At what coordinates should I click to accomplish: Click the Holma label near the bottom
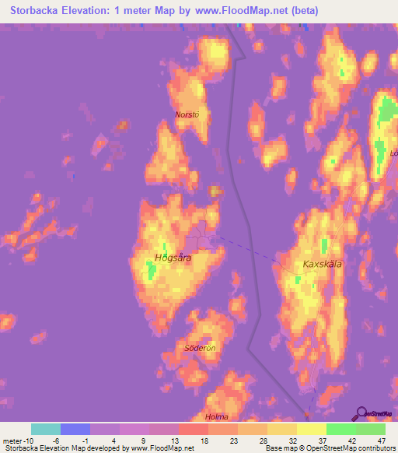(217, 417)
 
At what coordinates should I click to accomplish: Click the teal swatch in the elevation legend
(46, 429)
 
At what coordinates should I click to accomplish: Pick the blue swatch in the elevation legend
(75, 429)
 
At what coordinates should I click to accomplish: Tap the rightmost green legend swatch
(371, 429)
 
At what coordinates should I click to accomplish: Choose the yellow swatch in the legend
(312, 429)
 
